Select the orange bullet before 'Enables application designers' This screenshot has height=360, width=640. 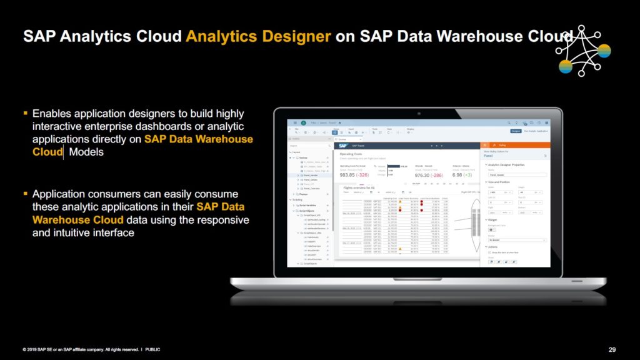tap(26, 113)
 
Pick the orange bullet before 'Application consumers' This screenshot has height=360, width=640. tap(26, 193)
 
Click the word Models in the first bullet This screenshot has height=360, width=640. tap(86, 152)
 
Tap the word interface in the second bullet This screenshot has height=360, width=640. tap(112, 232)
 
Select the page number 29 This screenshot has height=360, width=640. tap(612, 349)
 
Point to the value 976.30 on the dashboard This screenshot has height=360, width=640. tap(426, 176)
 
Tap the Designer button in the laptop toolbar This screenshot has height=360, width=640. tap(516, 131)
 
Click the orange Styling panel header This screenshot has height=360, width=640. tap(514, 145)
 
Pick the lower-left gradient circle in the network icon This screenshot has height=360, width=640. tap(565, 66)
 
